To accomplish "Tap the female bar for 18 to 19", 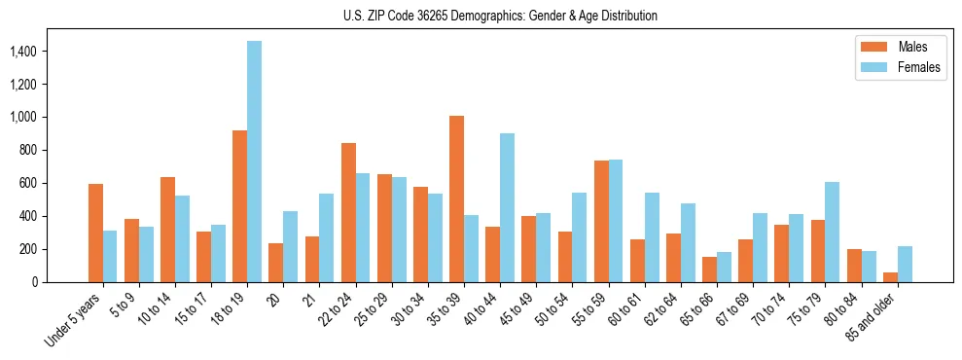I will (254, 162).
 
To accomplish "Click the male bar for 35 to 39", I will (456, 198).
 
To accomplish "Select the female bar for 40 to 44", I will (507, 207).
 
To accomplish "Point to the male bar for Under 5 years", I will (95, 233).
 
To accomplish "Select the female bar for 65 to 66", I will (724, 267).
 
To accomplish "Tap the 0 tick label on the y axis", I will (60, 282).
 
